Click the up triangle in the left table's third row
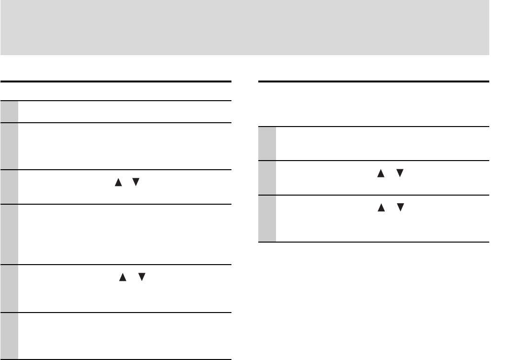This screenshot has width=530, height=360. point(117,183)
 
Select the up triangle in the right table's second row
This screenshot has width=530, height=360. point(381,174)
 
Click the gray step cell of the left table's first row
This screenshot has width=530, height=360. point(9,111)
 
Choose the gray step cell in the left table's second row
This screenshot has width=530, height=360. point(9,146)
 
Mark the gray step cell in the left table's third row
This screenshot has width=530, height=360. point(9,187)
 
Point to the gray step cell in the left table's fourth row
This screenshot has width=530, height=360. point(9,234)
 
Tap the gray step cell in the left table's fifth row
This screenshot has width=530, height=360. point(9,289)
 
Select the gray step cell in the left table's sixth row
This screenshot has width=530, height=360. point(9,336)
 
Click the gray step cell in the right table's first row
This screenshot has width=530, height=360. point(267,143)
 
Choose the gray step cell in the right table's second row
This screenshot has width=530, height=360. point(267,178)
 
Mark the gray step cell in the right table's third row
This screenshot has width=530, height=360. point(267,218)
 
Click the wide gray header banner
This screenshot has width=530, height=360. point(244,27)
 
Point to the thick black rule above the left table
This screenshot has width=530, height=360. point(115,82)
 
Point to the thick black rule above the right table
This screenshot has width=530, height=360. point(373,82)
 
